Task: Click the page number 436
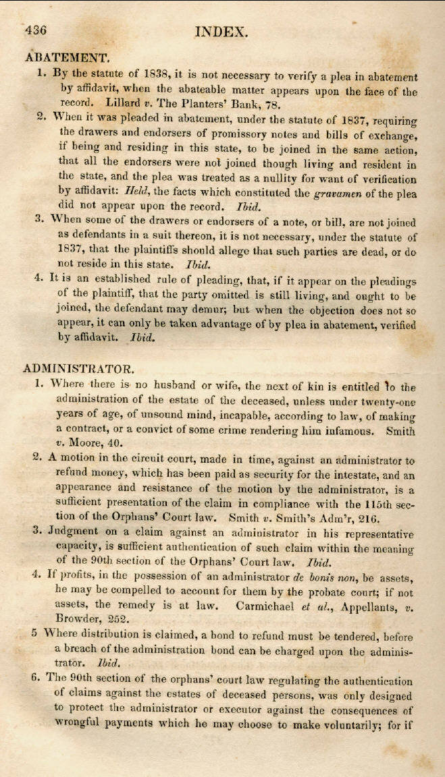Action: [x=35, y=30]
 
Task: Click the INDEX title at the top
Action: [x=221, y=31]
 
